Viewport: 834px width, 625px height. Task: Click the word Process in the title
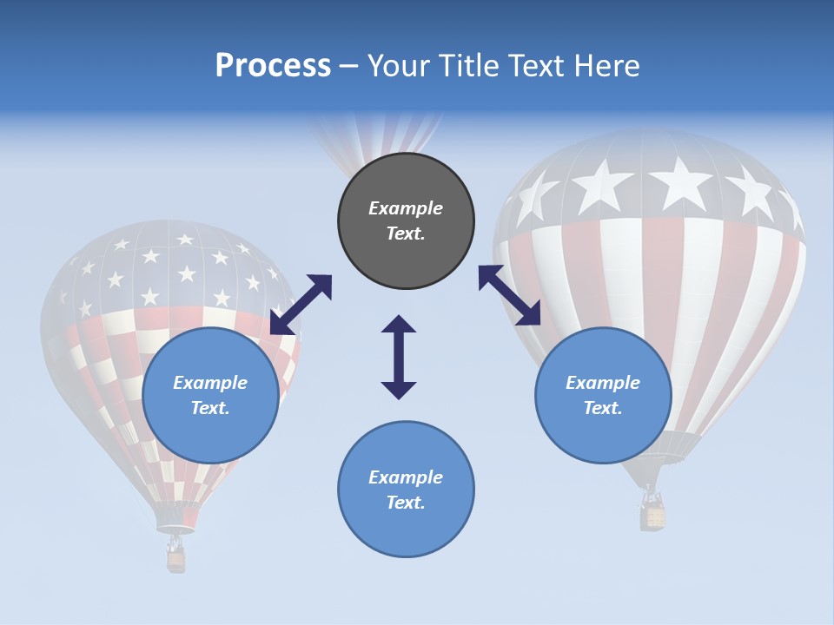(x=273, y=65)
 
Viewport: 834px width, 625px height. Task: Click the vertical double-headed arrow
(x=399, y=357)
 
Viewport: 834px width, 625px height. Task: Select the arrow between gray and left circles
(x=301, y=304)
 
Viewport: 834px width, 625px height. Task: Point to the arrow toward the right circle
(x=509, y=295)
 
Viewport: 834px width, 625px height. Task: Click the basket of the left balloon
(x=176, y=560)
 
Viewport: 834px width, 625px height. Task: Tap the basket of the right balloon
(x=653, y=517)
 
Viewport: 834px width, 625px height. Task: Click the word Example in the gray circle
(x=406, y=208)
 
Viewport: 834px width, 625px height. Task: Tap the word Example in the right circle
(x=603, y=383)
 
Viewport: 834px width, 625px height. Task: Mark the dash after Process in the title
(x=348, y=67)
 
